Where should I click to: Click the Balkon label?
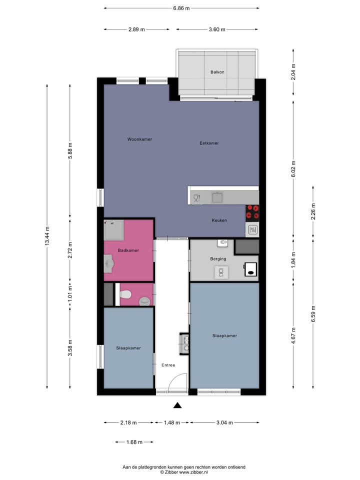pos(217,72)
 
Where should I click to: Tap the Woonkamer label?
pos(139,139)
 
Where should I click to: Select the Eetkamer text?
pos(209,143)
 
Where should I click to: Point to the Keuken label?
pos(219,220)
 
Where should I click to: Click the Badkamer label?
pos(128,250)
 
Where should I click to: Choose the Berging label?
pos(218,259)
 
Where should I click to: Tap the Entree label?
pos(168,365)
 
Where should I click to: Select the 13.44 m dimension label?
pos(47,235)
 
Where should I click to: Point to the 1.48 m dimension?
pos(171,422)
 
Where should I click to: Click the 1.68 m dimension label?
pos(134,442)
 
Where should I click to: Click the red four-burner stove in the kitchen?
pos(252,212)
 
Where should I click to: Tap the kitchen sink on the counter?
pos(217,197)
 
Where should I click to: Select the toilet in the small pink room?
pos(144,300)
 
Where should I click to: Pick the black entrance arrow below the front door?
pos(177,405)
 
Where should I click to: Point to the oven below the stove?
pos(252,230)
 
